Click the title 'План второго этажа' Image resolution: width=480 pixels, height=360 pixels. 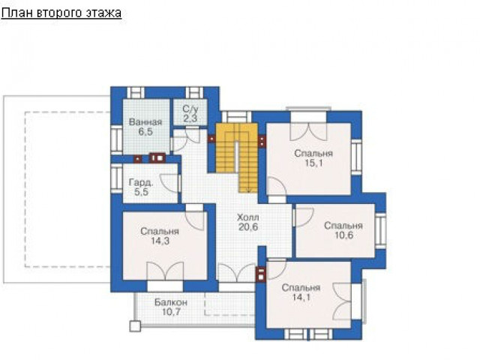point(61,13)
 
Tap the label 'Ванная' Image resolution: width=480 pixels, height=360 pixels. point(145,122)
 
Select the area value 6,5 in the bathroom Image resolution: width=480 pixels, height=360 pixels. point(145,132)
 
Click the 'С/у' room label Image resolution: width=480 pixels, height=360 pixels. point(190,109)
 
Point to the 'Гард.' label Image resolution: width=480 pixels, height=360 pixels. point(141,183)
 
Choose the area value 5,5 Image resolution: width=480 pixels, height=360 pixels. point(141,192)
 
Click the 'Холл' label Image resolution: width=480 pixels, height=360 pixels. point(248,217)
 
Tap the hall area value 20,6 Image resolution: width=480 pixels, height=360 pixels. point(248,227)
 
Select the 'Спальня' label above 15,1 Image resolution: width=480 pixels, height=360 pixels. point(313,153)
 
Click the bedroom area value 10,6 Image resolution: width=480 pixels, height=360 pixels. point(343,235)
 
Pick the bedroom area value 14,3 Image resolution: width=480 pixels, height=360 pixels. point(160,241)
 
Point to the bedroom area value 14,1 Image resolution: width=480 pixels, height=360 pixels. point(301,297)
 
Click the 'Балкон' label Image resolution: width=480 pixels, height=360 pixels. point(171,302)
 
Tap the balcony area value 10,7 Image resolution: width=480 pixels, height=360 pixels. point(171,312)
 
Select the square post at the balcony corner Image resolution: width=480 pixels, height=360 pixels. point(135,326)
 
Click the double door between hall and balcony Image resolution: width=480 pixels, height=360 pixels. point(237,272)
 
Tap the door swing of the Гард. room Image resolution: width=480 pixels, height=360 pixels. point(169,183)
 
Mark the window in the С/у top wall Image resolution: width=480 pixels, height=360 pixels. point(194,92)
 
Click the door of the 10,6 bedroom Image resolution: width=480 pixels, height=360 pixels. point(303,217)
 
